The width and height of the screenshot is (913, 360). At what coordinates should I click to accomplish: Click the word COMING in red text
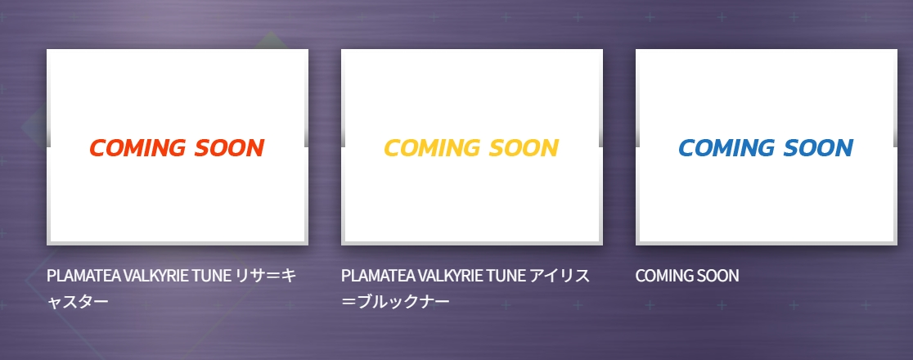point(137,148)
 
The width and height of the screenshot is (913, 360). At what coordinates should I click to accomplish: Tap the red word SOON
point(229,148)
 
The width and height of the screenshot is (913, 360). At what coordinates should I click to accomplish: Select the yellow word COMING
point(432,148)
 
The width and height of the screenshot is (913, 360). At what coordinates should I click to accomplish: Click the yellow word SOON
point(524,148)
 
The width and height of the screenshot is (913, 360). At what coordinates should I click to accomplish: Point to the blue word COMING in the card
point(726,148)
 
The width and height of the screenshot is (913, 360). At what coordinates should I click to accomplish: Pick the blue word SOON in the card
point(819,148)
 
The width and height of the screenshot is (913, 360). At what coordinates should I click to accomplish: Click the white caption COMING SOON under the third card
point(687,276)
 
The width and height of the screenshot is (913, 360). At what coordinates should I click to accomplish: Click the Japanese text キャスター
point(78,303)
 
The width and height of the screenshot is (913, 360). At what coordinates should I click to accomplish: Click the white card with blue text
point(767,146)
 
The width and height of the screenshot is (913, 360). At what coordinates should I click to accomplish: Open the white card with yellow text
point(472,146)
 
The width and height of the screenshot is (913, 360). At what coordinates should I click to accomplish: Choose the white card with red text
point(177,146)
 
